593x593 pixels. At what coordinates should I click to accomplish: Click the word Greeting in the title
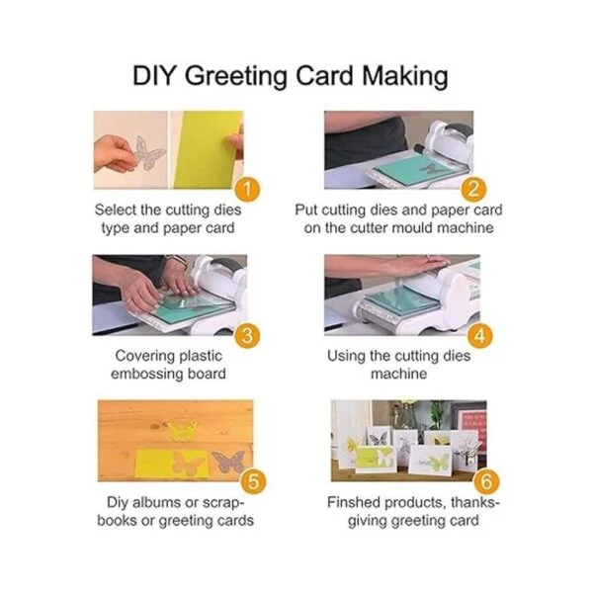point(237,77)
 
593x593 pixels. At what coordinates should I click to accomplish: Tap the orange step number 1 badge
point(247,189)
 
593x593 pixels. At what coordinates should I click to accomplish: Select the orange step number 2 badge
point(473,189)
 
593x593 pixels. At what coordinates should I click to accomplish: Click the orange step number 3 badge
point(247,335)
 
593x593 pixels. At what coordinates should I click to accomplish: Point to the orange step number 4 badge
point(480,335)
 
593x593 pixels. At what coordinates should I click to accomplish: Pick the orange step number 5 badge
point(253,481)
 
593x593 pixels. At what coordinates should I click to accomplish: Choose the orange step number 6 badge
point(486,481)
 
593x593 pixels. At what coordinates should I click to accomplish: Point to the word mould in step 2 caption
point(412,228)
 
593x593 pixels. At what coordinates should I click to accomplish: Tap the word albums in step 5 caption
point(157,503)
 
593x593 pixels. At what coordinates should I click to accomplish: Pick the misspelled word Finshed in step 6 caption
point(354,503)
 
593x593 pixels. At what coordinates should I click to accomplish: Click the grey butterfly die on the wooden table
point(229,462)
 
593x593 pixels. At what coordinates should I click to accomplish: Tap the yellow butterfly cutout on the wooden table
point(182,430)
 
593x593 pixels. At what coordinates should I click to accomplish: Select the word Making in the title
point(405,77)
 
